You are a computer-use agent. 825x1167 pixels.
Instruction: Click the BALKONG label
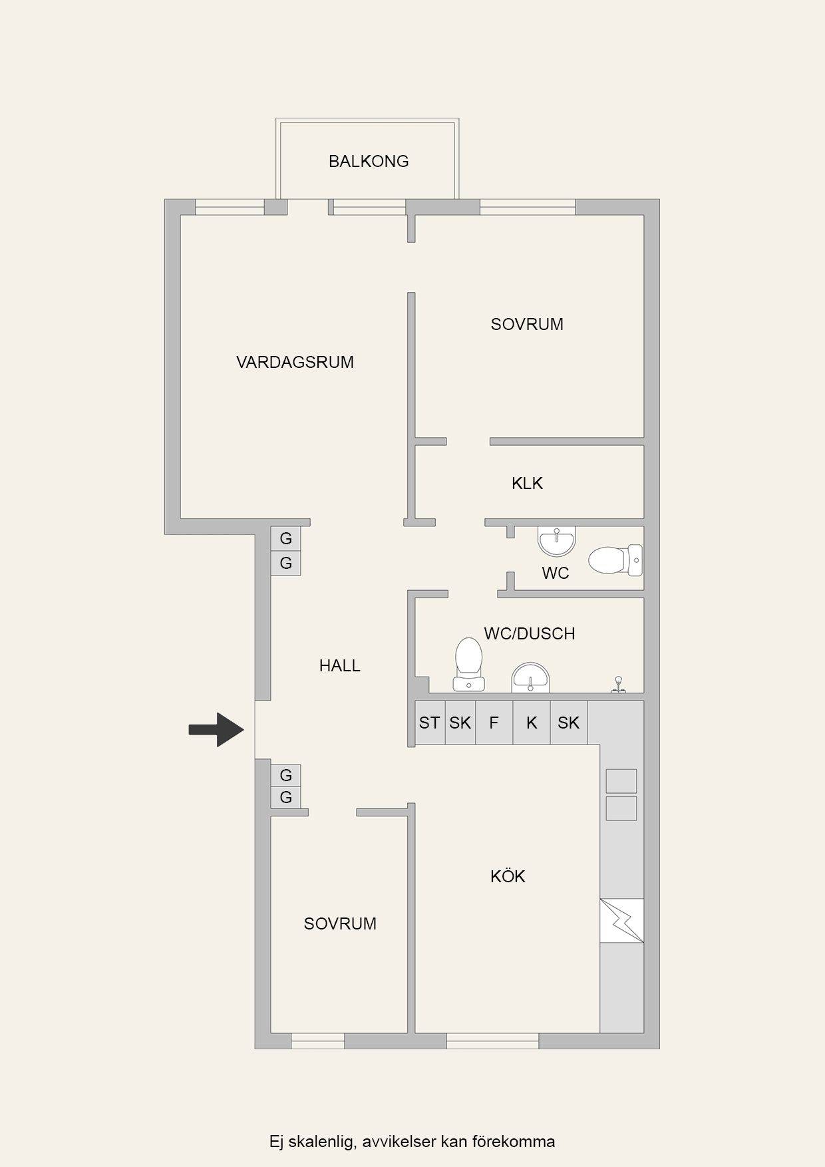coord(369,161)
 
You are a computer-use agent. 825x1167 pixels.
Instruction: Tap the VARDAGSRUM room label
coord(295,362)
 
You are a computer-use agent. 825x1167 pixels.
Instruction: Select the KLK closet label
coord(527,483)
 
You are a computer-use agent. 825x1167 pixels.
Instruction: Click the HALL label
coord(339,665)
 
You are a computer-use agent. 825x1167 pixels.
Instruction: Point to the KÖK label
coord(508,876)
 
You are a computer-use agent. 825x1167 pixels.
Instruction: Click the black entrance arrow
coord(217,729)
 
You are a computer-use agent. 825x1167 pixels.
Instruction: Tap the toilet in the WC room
coord(615,560)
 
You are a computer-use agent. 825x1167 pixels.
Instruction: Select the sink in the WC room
coord(556,542)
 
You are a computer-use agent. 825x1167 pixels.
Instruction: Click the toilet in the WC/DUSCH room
coord(468,664)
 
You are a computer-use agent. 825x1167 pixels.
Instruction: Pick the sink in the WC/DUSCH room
coord(530,677)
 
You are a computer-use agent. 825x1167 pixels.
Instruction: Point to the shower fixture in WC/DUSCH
coord(619,685)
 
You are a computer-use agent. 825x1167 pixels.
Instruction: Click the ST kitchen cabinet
coord(430,723)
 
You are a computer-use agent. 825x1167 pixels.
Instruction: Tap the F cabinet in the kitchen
coord(494,723)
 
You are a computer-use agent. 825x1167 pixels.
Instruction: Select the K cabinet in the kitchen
coord(532,723)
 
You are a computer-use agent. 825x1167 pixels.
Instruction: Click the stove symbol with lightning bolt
coord(622,921)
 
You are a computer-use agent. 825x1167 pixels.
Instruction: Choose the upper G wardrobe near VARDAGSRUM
coord(286,539)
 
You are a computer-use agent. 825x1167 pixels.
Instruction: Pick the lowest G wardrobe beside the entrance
coord(286,797)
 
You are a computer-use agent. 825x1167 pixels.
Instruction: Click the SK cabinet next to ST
coord(460,723)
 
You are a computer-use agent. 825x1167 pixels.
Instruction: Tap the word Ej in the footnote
coord(277,1142)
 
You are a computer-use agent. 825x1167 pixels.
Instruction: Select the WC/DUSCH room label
coord(530,633)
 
